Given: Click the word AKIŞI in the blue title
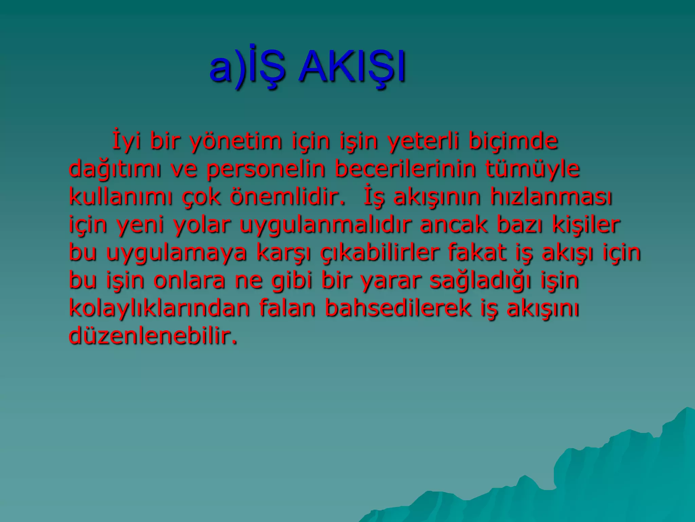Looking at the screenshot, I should point(352,67).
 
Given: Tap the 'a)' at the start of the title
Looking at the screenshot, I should point(227,67).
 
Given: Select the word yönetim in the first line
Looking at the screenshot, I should point(236,141).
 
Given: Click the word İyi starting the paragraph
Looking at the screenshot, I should point(126,141).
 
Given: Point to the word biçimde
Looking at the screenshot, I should point(513,141).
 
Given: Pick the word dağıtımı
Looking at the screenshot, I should point(115,169).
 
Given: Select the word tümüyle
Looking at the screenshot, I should point(532,169).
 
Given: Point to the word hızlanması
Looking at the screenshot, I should point(551,197).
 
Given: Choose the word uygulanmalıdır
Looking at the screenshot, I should point(325,225).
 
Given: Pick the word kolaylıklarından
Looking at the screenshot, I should point(159,309).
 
